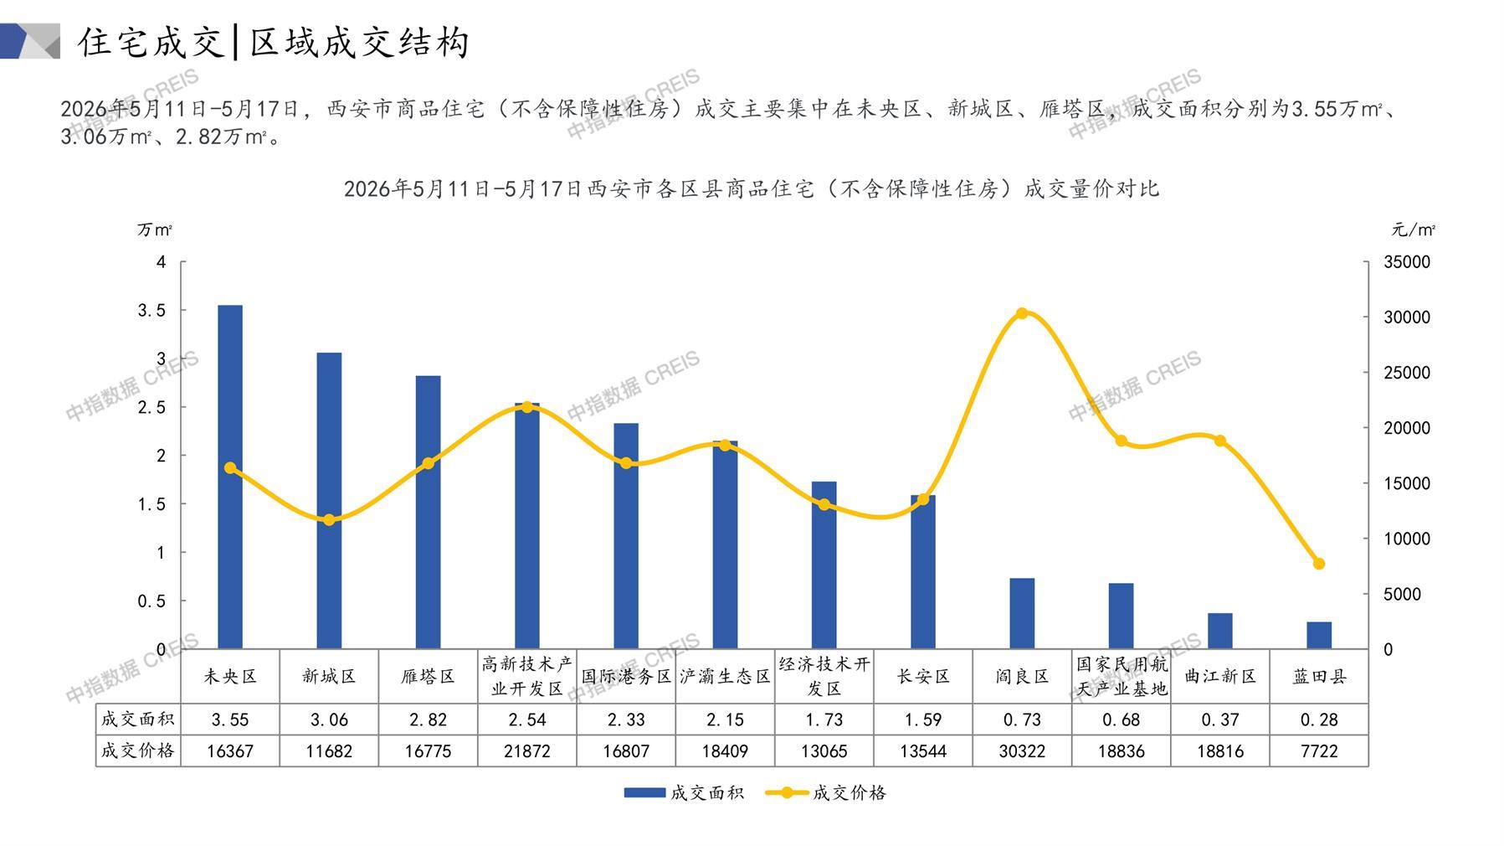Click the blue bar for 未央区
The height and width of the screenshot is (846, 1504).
click(x=230, y=477)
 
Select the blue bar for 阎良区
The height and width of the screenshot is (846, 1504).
click(x=1022, y=613)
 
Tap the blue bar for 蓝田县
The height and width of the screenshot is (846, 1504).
click(x=1319, y=635)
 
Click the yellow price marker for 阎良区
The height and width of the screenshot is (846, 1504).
click(x=1022, y=313)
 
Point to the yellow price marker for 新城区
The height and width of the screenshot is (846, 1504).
click(x=329, y=520)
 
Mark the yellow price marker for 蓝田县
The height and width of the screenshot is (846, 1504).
click(x=1319, y=564)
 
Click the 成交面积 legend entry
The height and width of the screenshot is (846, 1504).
click(x=684, y=792)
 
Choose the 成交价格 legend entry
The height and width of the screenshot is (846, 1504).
click(x=826, y=792)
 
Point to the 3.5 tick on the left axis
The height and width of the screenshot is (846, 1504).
click(x=151, y=311)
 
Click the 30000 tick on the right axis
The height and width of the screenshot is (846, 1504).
click(x=1407, y=317)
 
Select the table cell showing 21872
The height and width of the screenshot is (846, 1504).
click(x=527, y=751)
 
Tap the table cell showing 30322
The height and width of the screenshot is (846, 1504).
click(x=1022, y=751)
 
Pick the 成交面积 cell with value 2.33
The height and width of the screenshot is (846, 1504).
click(x=626, y=720)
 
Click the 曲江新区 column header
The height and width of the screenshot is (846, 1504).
click(x=1220, y=676)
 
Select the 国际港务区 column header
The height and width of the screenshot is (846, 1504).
click(x=626, y=676)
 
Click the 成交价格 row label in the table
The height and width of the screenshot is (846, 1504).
click(x=138, y=751)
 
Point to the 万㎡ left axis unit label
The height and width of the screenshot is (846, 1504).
click(x=155, y=230)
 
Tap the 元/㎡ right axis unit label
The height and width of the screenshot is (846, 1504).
click(x=1414, y=230)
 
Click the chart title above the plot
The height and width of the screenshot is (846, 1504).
click(x=752, y=188)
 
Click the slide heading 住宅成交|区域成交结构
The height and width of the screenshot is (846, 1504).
click(x=274, y=42)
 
